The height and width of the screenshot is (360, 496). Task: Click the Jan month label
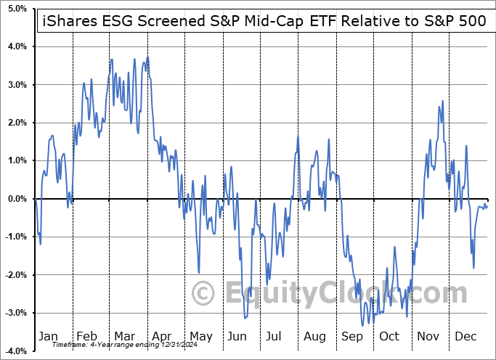pos(48,336)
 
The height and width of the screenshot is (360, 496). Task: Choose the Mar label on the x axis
pos(123,336)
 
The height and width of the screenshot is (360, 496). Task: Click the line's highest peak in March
pos(147,57)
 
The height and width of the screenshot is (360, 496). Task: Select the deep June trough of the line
pos(245,317)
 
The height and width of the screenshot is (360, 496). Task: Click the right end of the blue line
pos(487,206)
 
